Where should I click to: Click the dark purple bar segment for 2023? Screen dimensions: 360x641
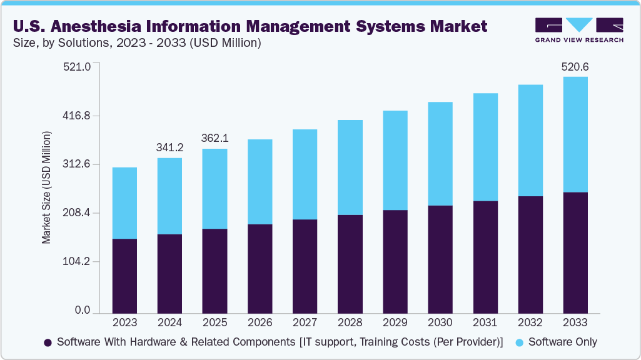point(124,275)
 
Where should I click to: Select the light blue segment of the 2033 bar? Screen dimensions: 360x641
point(575,134)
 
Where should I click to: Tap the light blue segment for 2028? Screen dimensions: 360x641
point(350,167)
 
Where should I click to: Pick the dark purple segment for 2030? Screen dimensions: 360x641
point(440,259)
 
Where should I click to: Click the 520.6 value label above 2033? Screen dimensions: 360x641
point(575,67)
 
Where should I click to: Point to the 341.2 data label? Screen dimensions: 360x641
point(169,147)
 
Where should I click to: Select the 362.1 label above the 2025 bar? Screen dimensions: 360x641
point(215,138)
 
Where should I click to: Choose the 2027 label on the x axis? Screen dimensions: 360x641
point(305,322)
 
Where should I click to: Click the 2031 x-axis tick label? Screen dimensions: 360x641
point(485,322)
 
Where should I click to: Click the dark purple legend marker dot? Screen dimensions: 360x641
point(48,342)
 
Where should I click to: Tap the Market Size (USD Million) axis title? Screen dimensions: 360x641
point(47,187)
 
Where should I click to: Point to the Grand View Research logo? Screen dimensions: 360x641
point(578,29)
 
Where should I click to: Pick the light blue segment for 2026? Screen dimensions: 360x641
point(260,182)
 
